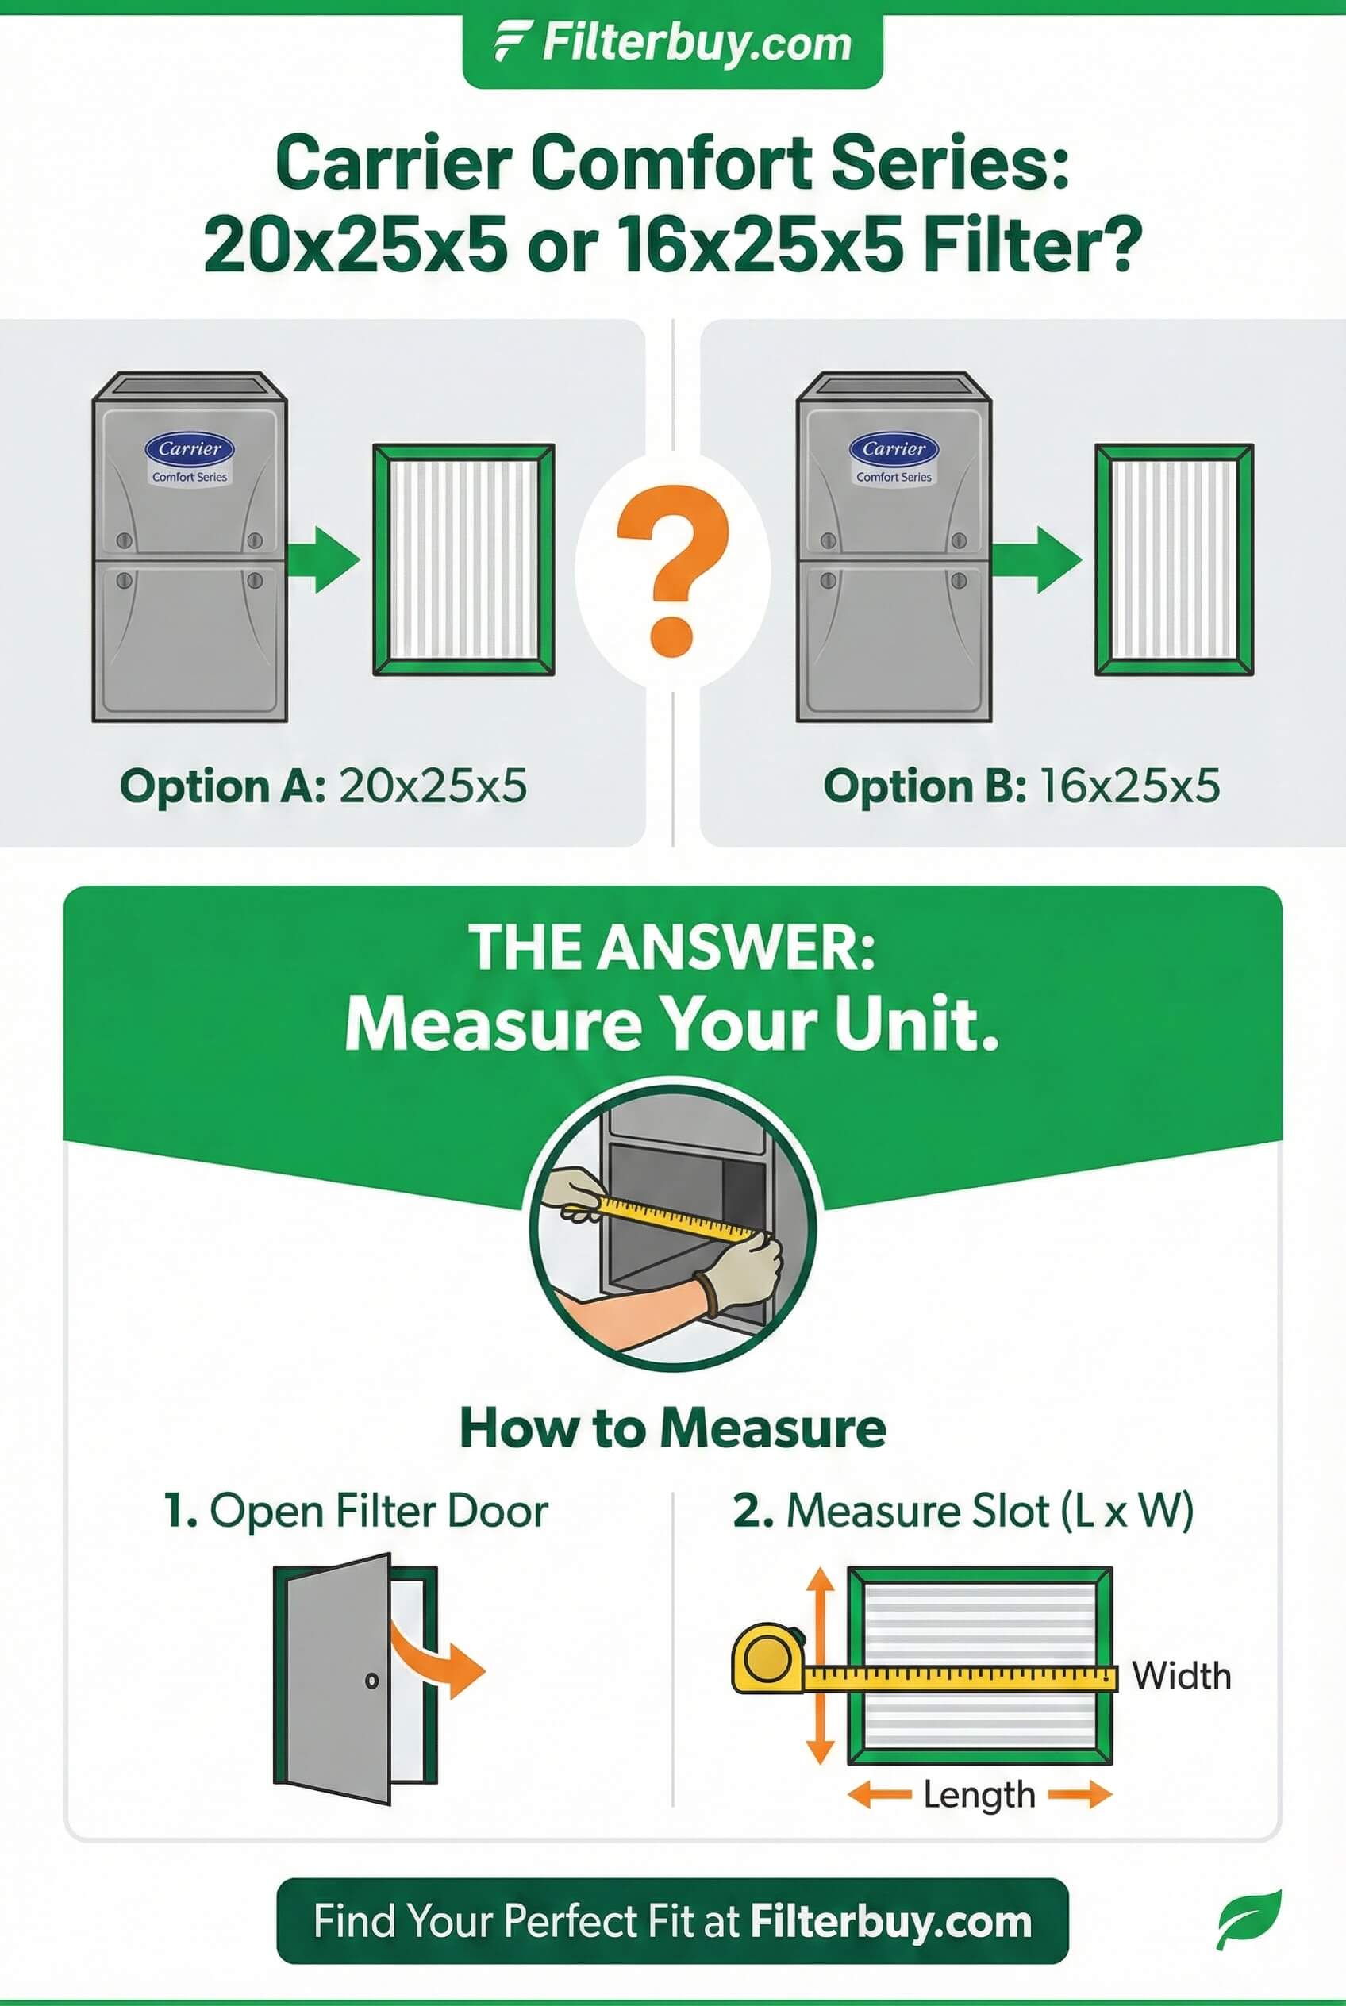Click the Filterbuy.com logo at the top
click(x=673, y=44)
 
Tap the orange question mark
click(x=674, y=568)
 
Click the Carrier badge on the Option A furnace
click(x=190, y=449)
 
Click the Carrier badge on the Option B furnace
click(x=894, y=449)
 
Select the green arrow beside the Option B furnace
click(x=1036, y=559)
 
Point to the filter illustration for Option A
click(x=463, y=559)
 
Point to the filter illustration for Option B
click(x=1175, y=559)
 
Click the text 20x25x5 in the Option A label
click(x=433, y=786)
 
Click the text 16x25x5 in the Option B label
click(x=1129, y=786)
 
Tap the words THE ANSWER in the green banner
click(x=672, y=947)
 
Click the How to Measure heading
click(x=673, y=1428)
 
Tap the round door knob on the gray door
click(x=371, y=1680)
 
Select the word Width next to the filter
click(x=1181, y=1676)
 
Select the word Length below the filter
click(x=979, y=1795)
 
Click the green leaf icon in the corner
click(x=1249, y=1920)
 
